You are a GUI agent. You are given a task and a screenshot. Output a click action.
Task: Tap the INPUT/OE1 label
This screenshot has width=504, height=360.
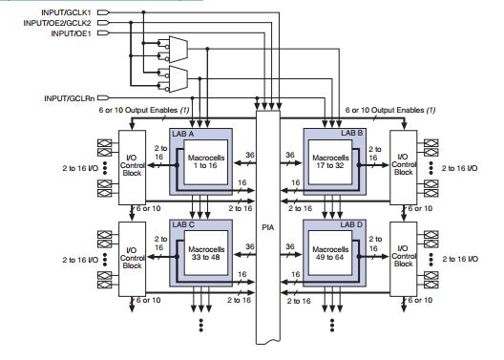pos(71,32)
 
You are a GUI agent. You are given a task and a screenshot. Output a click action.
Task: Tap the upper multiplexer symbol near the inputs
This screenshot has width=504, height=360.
pos(178,46)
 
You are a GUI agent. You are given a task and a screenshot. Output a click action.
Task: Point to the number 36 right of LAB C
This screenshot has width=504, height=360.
pos(251,245)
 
